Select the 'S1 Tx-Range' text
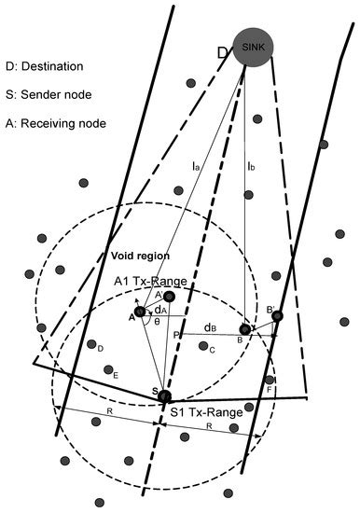click(x=206, y=410)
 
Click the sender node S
click(x=165, y=396)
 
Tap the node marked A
click(x=140, y=312)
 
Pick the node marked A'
click(x=169, y=297)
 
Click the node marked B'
click(x=277, y=316)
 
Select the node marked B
click(x=246, y=329)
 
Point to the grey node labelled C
click(x=203, y=345)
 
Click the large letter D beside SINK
click(x=223, y=53)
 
